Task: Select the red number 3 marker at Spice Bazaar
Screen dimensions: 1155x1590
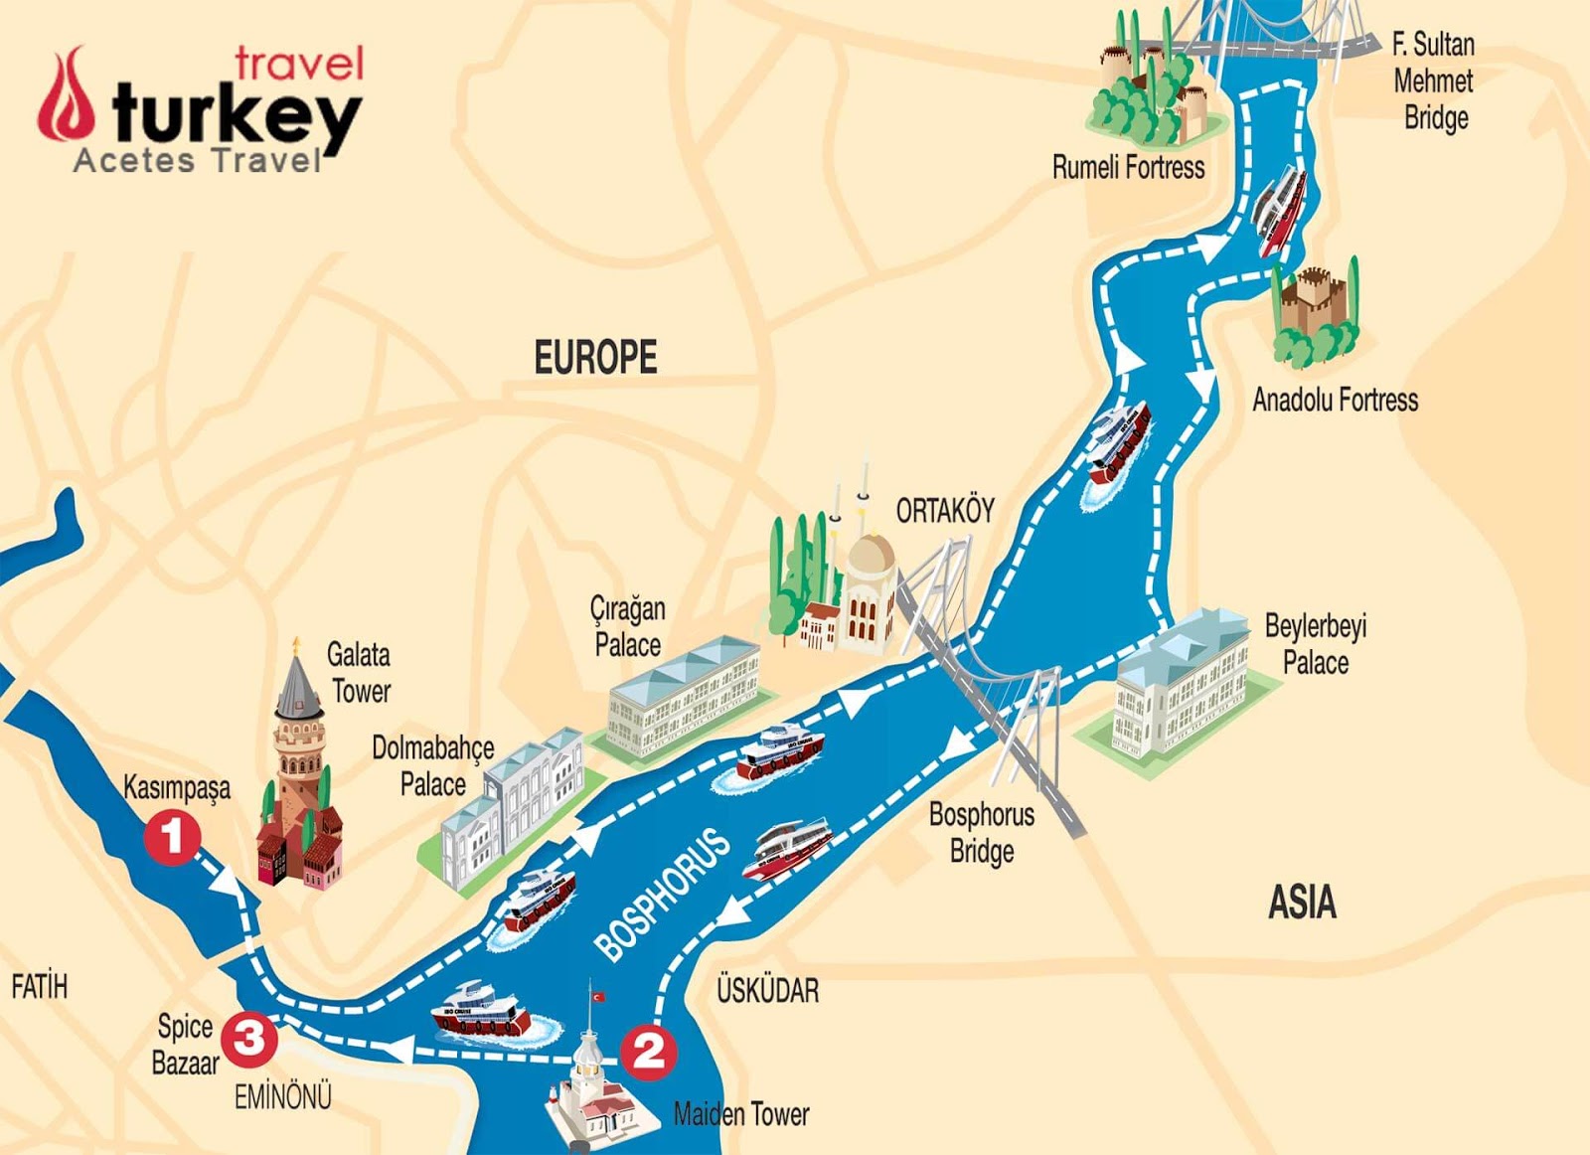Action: tap(248, 1038)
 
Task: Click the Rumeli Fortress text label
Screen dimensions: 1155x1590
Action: tap(1128, 167)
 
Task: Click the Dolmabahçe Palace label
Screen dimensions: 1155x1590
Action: tap(432, 766)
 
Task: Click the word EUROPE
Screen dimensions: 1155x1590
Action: tap(595, 358)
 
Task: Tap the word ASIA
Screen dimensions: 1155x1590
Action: tap(1302, 903)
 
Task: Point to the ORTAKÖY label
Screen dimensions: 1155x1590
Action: tap(944, 511)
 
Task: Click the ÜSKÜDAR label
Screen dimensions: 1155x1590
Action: tap(768, 990)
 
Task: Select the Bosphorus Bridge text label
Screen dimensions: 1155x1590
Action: tap(981, 833)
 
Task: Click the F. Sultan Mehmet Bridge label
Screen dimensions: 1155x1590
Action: tap(1432, 82)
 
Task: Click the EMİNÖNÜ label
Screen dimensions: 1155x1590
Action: tap(282, 1097)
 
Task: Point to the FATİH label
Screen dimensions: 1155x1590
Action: tap(40, 987)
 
